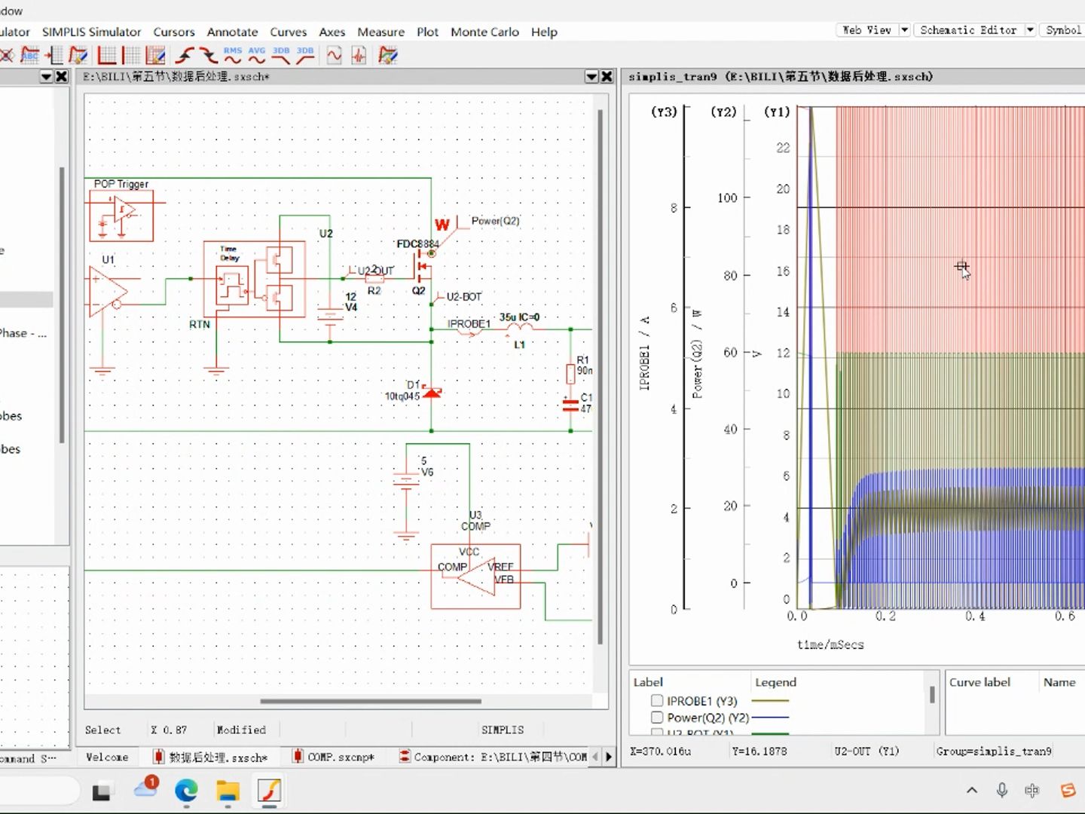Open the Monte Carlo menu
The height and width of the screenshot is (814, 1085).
(484, 32)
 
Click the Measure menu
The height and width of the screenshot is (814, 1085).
(381, 32)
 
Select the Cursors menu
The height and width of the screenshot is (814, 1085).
(174, 32)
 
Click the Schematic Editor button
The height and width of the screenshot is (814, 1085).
(968, 30)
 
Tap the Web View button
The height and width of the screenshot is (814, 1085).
(866, 30)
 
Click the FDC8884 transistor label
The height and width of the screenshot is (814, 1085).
(417, 243)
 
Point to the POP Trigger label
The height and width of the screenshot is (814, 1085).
(121, 184)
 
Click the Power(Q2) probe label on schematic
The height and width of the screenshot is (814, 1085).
(495, 221)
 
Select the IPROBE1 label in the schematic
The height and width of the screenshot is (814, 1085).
(469, 324)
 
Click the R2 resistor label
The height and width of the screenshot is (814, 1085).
(374, 291)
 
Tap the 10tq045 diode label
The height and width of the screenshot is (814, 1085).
(402, 396)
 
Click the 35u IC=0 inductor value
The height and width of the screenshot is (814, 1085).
(519, 317)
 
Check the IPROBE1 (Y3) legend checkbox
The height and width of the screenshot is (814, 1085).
(657, 701)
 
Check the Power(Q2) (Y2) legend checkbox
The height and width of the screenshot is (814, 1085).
(657, 718)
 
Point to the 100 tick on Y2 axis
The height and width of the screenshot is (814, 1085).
(726, 198)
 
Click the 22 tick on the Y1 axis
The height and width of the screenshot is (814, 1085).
(783, 148)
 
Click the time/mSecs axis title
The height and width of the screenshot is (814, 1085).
(830, 644)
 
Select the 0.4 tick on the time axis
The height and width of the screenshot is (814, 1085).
(975, 617)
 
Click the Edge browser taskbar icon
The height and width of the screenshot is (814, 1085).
(186, 790)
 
